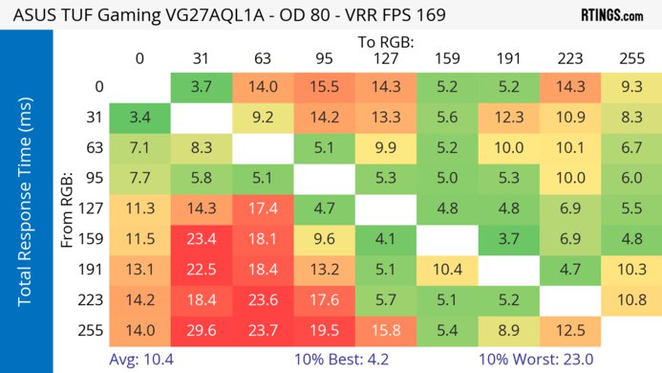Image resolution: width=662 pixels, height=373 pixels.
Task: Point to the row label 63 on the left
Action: click(x=92, y=148)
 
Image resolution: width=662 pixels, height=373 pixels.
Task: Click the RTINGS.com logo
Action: click(x=611, y=16)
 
